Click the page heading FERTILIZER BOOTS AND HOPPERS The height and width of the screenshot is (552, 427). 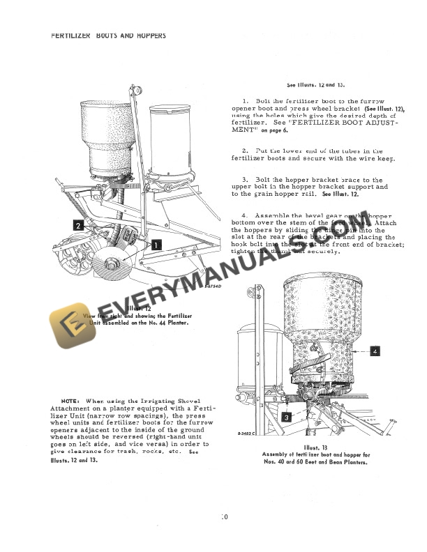click(x=108, y=36)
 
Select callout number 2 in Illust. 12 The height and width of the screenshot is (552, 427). click(x=78, y=225)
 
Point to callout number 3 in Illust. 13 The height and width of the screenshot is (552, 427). click(x=287, y=417)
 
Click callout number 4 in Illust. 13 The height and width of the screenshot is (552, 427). click(x=375, y=351)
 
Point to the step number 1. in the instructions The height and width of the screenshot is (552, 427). click(x=246, y=101)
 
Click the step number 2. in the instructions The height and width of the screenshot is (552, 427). click(x=246, y=151)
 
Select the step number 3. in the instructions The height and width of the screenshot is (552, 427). click(x=246, y=180)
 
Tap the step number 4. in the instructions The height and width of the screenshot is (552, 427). click(x=246, y=215)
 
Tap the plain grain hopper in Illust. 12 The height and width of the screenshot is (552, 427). click(x=170, y=139)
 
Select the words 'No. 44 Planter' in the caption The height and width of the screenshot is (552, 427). click(x=159, y=323)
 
